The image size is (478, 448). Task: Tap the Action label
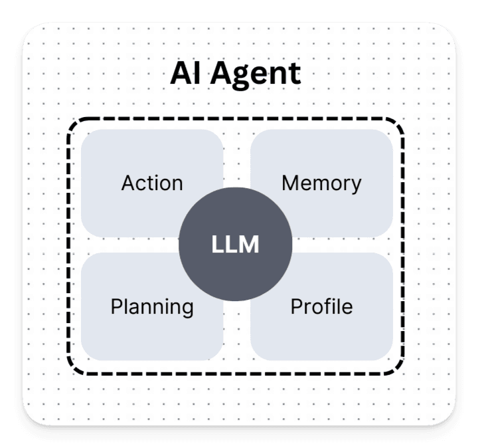pos(152,183)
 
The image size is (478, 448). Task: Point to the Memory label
pos(321,183)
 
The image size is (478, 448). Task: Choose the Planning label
pos(152,307)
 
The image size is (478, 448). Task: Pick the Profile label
pos(321,306)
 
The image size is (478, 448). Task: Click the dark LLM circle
pos(235,245)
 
